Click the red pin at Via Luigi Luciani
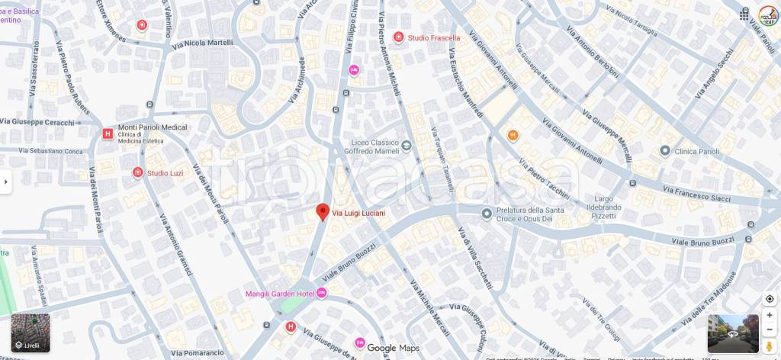coord(323,212)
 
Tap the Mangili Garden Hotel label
coord(280,294)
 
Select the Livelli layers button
coord(31,333)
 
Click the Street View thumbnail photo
coord(733,333)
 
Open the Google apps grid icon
coord(744,14)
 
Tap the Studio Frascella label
coord(433,37)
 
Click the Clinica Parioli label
coord(697,151)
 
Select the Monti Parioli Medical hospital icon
coord(108,133)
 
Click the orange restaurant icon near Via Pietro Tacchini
coord(513,135)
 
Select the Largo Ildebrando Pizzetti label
coord(615,207)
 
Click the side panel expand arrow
coord(6,182)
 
